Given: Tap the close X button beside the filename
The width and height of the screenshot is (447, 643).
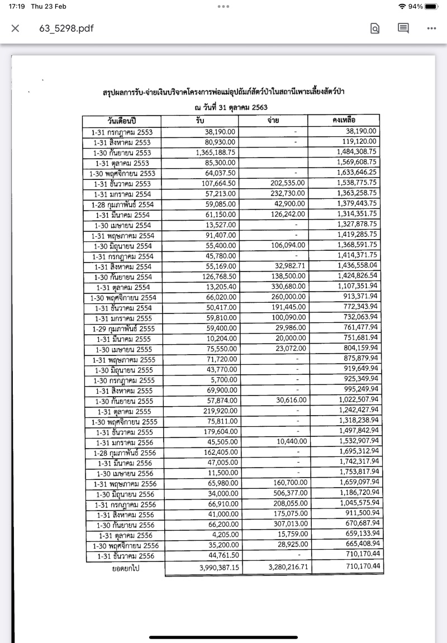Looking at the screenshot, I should (x=15, y=28).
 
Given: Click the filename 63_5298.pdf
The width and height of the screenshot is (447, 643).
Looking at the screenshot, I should (x=66, y=28).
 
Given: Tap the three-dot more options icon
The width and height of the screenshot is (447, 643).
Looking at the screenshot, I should (x=431, y=28).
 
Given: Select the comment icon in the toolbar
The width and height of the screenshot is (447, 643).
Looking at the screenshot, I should (x=403, y=28).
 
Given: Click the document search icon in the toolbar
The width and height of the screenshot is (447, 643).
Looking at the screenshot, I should (x=375, y=28).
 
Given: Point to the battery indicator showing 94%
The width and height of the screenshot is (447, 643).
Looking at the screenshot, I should (x=431, y=6).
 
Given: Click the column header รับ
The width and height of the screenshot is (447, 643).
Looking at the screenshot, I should (x=201, y=120).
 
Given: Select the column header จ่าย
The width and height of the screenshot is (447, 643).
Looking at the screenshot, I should (x=274, y=120).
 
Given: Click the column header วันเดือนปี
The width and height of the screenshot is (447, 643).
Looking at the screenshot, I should (x=122, y=121).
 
